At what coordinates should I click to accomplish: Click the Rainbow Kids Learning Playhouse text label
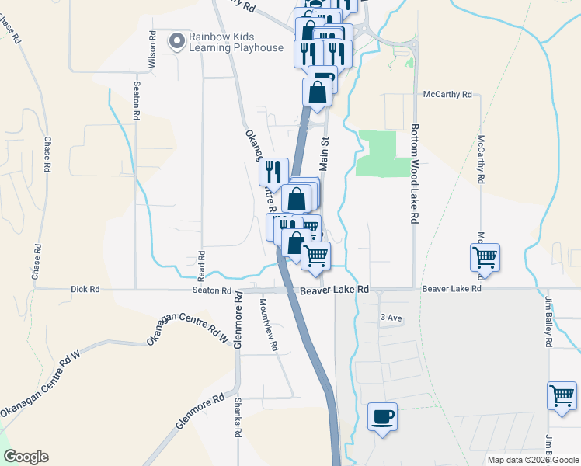pos(236,42)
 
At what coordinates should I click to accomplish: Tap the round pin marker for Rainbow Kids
pos(178,40)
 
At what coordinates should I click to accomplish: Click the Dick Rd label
pos(85,289)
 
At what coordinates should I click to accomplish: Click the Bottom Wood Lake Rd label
pos(415,174)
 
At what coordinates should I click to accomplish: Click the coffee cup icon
pos(381,416)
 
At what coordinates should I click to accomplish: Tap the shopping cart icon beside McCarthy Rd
pos(485,256)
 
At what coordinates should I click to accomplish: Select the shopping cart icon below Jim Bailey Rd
pos(562,395)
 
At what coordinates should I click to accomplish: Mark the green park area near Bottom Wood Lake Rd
pos(385,152)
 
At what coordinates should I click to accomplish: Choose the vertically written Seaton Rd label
pos(137,100)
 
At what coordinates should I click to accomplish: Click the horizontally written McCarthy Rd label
pos(447,94)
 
